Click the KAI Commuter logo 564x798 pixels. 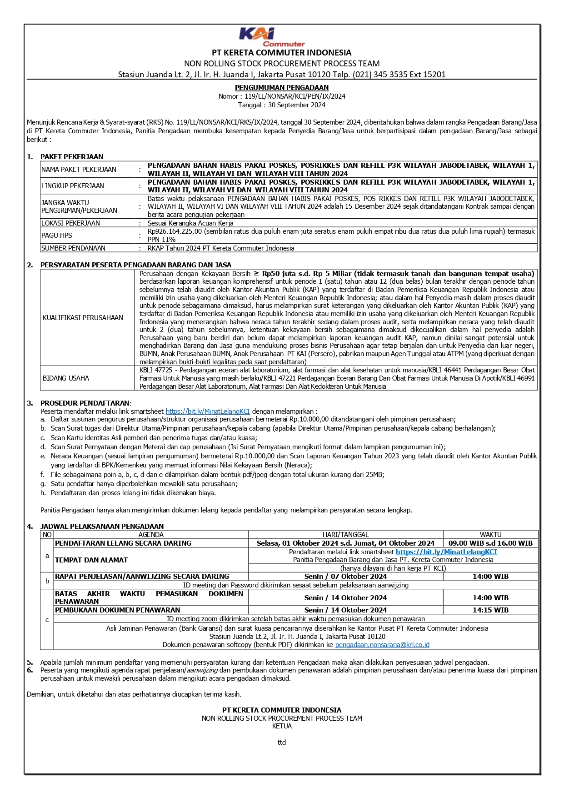click(270, 37)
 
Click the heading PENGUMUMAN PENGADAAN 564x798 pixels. click(282, 87)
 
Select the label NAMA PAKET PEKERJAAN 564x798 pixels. click(79, 170)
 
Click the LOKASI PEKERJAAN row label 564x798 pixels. click(70, 223)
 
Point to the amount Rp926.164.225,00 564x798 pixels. click(175, 231)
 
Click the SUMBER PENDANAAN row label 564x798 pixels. click(73, 248)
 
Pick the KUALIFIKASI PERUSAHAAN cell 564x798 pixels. click(83, 318)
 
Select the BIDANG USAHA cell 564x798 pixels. click(66, 378)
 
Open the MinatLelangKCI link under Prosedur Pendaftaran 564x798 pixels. click(208, 411)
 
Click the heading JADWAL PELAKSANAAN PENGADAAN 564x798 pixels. click(102, 526)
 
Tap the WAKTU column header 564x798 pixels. click(490, 535)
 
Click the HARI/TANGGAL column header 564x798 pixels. click(345, 535)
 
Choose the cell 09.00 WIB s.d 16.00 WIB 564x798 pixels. click(490, 543)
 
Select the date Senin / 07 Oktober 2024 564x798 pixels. click(345, 577)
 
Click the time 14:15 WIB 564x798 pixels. click(490, 610)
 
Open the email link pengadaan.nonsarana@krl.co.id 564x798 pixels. click(382, 645)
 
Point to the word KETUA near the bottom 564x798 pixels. click(282, 726)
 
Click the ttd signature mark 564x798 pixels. click(282, 743)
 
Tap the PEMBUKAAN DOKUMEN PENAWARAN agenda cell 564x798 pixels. click(118, 610)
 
